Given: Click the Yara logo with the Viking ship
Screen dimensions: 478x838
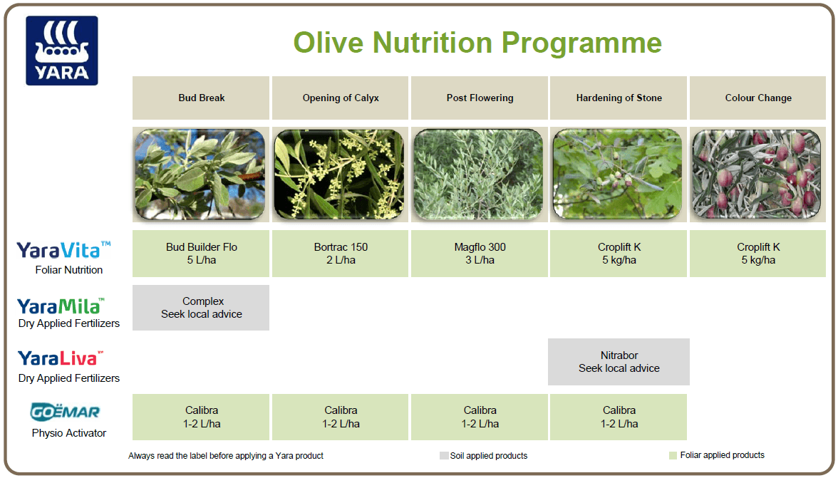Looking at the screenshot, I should [x=62, y=51].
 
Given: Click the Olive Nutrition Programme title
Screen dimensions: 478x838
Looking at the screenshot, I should [x=477, y=42].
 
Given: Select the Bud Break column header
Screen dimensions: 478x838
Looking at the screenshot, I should [x=201, y=98].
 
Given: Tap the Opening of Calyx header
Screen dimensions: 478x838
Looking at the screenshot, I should [x=341, y=98].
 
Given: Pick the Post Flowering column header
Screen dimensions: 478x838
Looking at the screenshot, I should [x=480, y=98].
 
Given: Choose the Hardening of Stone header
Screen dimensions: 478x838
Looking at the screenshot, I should [x=619, y=98].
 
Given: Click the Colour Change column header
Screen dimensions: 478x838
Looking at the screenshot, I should [x=758, y=98].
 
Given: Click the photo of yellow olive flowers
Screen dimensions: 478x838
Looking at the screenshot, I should [x=339, y=175].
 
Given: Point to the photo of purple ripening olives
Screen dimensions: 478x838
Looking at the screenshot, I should [x=756, y=175].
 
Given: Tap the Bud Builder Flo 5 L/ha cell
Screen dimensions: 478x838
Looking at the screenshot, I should [x=201, y=254].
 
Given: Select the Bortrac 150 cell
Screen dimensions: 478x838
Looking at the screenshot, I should [x=341, y=254].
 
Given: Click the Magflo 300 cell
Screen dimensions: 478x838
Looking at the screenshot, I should [x=480, y=254].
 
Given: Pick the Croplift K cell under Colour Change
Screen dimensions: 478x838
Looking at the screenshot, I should [x=758, y=254].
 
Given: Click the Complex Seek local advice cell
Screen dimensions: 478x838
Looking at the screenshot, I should [x=201, y=308].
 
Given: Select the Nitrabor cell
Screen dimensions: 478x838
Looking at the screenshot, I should [x=619, y=362].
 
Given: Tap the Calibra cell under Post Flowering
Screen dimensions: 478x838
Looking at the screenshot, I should [x=480, y=417].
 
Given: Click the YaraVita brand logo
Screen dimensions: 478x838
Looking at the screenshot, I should [x=64, y=250].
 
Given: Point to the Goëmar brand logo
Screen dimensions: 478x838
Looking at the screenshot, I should [x=65, y=412].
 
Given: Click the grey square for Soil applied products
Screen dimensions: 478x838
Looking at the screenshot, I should [x=444, y=456].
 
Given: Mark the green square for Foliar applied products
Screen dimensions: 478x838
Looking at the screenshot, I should [x=673, y=455].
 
